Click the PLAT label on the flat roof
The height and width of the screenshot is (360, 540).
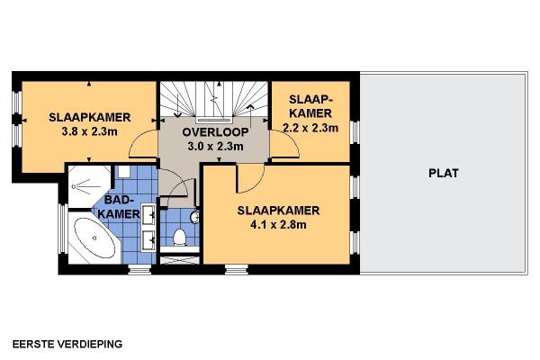[444, 173]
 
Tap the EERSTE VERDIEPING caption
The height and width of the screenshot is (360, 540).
[67, 344]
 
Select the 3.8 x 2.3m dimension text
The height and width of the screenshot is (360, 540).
[89, 131]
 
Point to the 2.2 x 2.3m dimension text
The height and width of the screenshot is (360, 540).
[310, 128]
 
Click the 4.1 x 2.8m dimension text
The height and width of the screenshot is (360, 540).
[278, 225]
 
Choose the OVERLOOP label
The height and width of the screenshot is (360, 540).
[215, 132]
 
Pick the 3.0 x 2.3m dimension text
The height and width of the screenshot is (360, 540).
[215, 147]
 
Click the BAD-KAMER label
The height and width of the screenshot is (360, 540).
[119, 207]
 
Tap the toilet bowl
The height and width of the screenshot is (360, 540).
[179, 237]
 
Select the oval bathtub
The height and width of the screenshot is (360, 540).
[95, 238]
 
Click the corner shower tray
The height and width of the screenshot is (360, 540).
[89, 186]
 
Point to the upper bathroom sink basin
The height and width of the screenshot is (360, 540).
[149, 214]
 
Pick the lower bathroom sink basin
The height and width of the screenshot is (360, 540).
[149, 239]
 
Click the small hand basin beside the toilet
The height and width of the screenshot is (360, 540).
[195, 217]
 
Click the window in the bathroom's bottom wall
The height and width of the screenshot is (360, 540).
[139, 269]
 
